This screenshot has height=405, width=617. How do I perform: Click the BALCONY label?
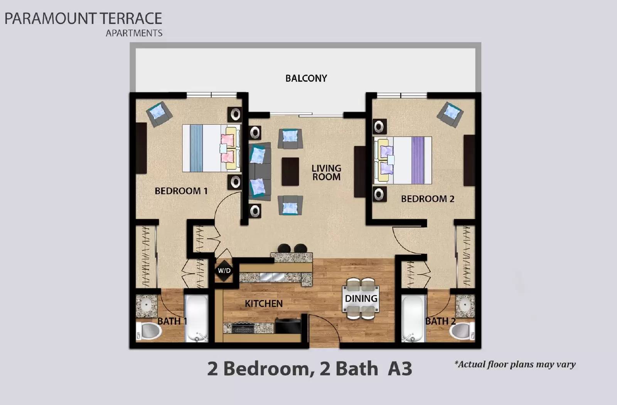tap(306, 78)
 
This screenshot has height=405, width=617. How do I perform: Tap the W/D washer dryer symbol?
tap(224, 270)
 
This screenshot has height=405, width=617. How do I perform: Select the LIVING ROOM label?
tap(326, 172)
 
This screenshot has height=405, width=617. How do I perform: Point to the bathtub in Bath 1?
tap(197, 319)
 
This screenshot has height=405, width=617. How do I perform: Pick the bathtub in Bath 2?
tap(413, 319)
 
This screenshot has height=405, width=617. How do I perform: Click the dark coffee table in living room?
tap(290, 171)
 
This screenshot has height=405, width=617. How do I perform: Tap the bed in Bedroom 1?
tap(210, 148)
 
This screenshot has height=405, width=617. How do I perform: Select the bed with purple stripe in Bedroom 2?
tap(403, 160)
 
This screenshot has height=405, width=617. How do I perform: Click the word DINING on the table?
tap(361, 299)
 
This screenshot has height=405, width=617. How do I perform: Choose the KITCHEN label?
tap(263, 304)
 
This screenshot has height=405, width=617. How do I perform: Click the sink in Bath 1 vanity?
tap(146, 305)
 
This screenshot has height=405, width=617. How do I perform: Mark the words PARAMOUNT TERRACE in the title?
tap(83, 19)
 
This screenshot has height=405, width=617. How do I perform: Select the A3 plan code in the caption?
tap(400, 369)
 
